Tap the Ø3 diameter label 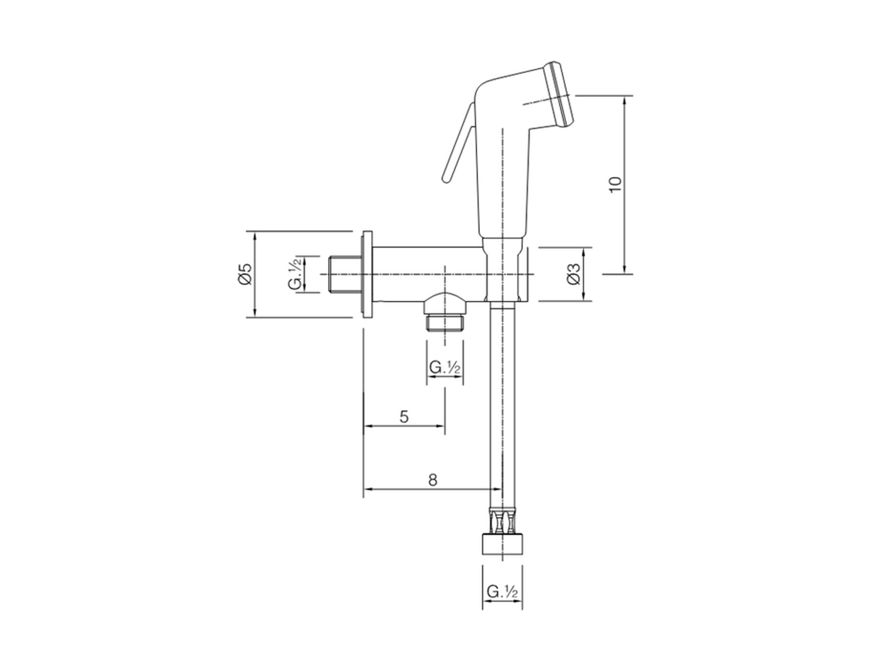[x=574, y=274]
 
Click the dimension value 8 [x=432, y=480]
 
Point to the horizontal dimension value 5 [x=404, y=416]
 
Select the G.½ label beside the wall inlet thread [x=295, y=274]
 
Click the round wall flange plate [x=367, y=273]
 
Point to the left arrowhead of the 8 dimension [x=365, y=489]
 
